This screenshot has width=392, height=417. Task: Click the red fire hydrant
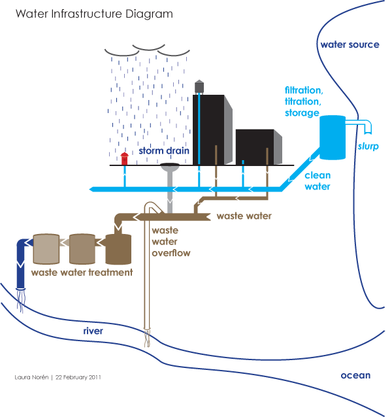(125, 158)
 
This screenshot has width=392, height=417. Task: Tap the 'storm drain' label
(164, 151)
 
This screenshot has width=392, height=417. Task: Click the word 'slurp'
(368, 146)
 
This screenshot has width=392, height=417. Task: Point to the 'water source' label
(350, 45)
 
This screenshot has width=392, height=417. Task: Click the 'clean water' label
(318, 181)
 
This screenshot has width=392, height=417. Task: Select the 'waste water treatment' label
(82, 272)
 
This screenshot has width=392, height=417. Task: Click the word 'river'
(93, 331)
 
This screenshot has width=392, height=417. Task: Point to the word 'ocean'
(355, 375)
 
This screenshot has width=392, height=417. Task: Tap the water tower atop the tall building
(199, 86)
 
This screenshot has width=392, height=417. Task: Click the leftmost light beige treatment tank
(46, 248)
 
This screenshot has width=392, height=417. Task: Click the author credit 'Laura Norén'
(33, 377)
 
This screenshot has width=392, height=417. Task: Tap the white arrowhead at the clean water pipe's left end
(89, 190)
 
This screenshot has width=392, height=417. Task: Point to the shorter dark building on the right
(257, 148)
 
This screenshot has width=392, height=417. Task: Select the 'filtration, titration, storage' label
(302, 101)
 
